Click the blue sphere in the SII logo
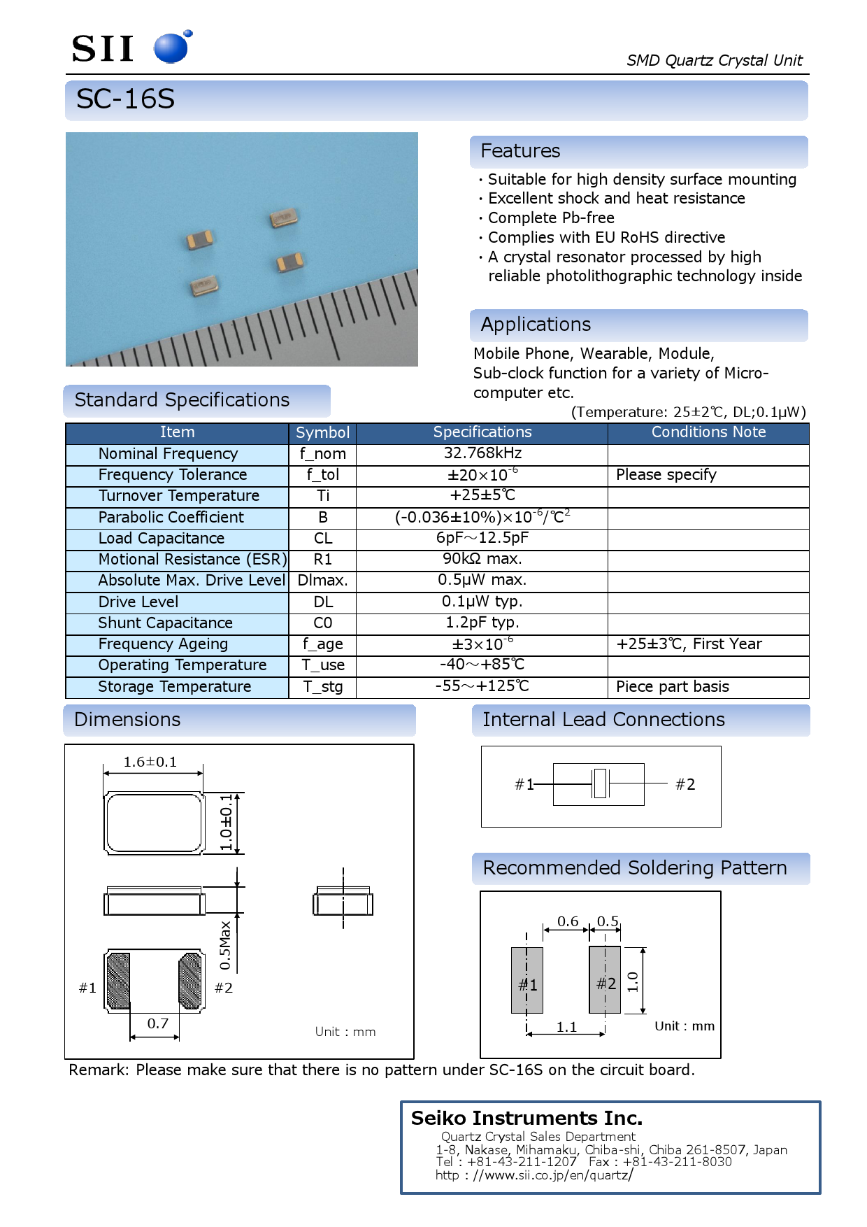171,48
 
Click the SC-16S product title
125,99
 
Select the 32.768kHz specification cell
482,453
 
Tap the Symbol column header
322,432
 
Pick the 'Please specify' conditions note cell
666,475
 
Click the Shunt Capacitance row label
165,623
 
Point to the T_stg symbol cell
322,687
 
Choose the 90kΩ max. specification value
482,559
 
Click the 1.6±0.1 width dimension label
150,762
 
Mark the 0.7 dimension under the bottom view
157,1023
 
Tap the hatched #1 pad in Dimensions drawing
118,980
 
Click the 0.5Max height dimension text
225,945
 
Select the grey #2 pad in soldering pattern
605,980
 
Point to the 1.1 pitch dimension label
566,1027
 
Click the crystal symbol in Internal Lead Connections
599,783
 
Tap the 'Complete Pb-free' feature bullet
550,218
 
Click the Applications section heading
536,325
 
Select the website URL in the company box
533,1175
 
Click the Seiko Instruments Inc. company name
526,1118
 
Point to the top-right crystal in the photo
285,218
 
